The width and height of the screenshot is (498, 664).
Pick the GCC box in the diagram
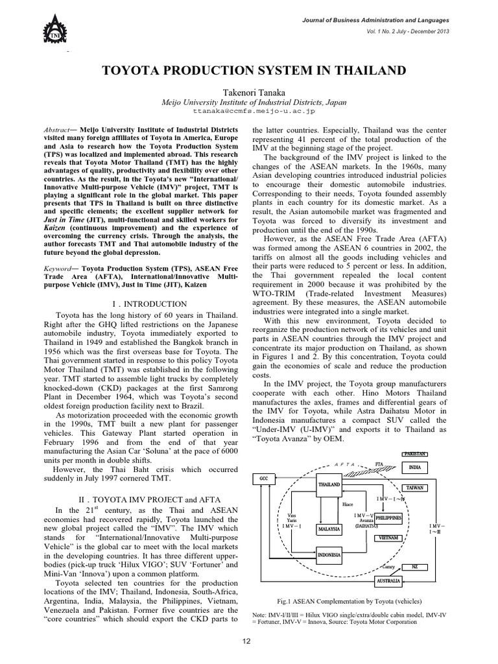pos(263,478)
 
